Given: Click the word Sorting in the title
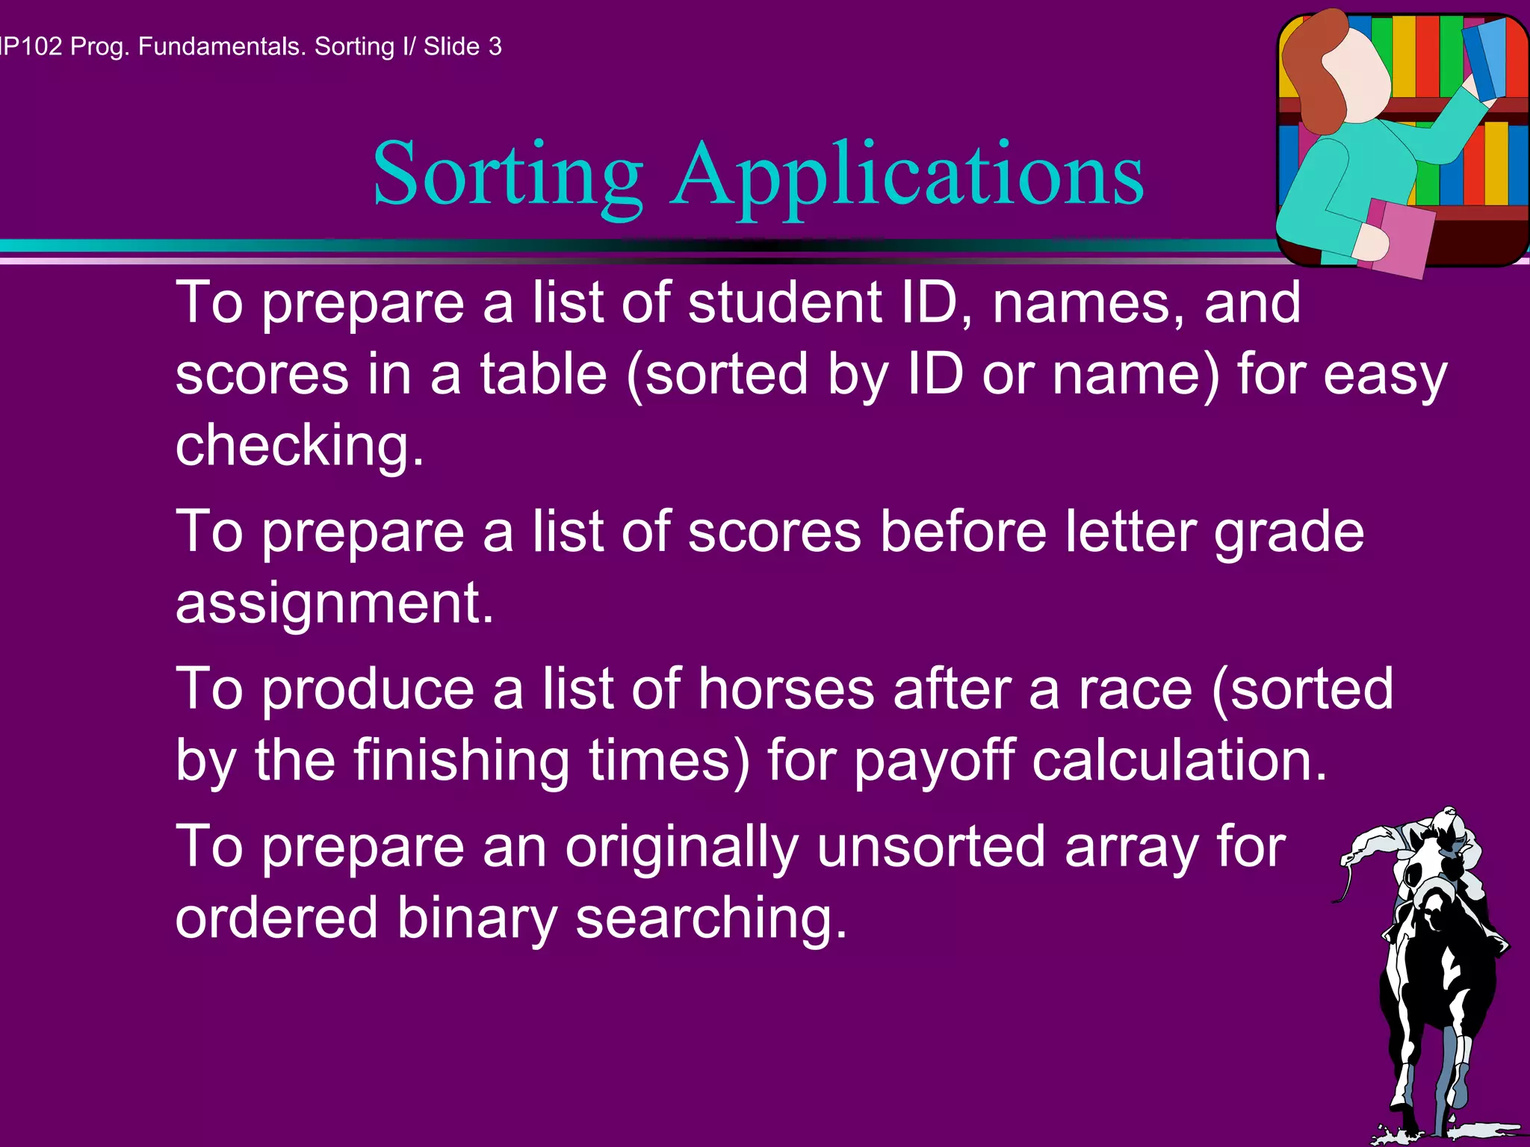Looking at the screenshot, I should pyautogui.click(x=508, y=175).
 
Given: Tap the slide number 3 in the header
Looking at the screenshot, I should pyautogui.click(x=495, y=46).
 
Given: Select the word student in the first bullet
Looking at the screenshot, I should pyautogui.click(x=785, y=302).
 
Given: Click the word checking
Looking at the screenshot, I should pyautogui.click(x=299, y=446).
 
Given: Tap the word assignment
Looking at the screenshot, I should pyautogui.click(x=334, y=603).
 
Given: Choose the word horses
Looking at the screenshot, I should pyautogui.click(x=786, y=688).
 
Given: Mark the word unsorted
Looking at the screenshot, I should pyautogui.click(x=931, y=847).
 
